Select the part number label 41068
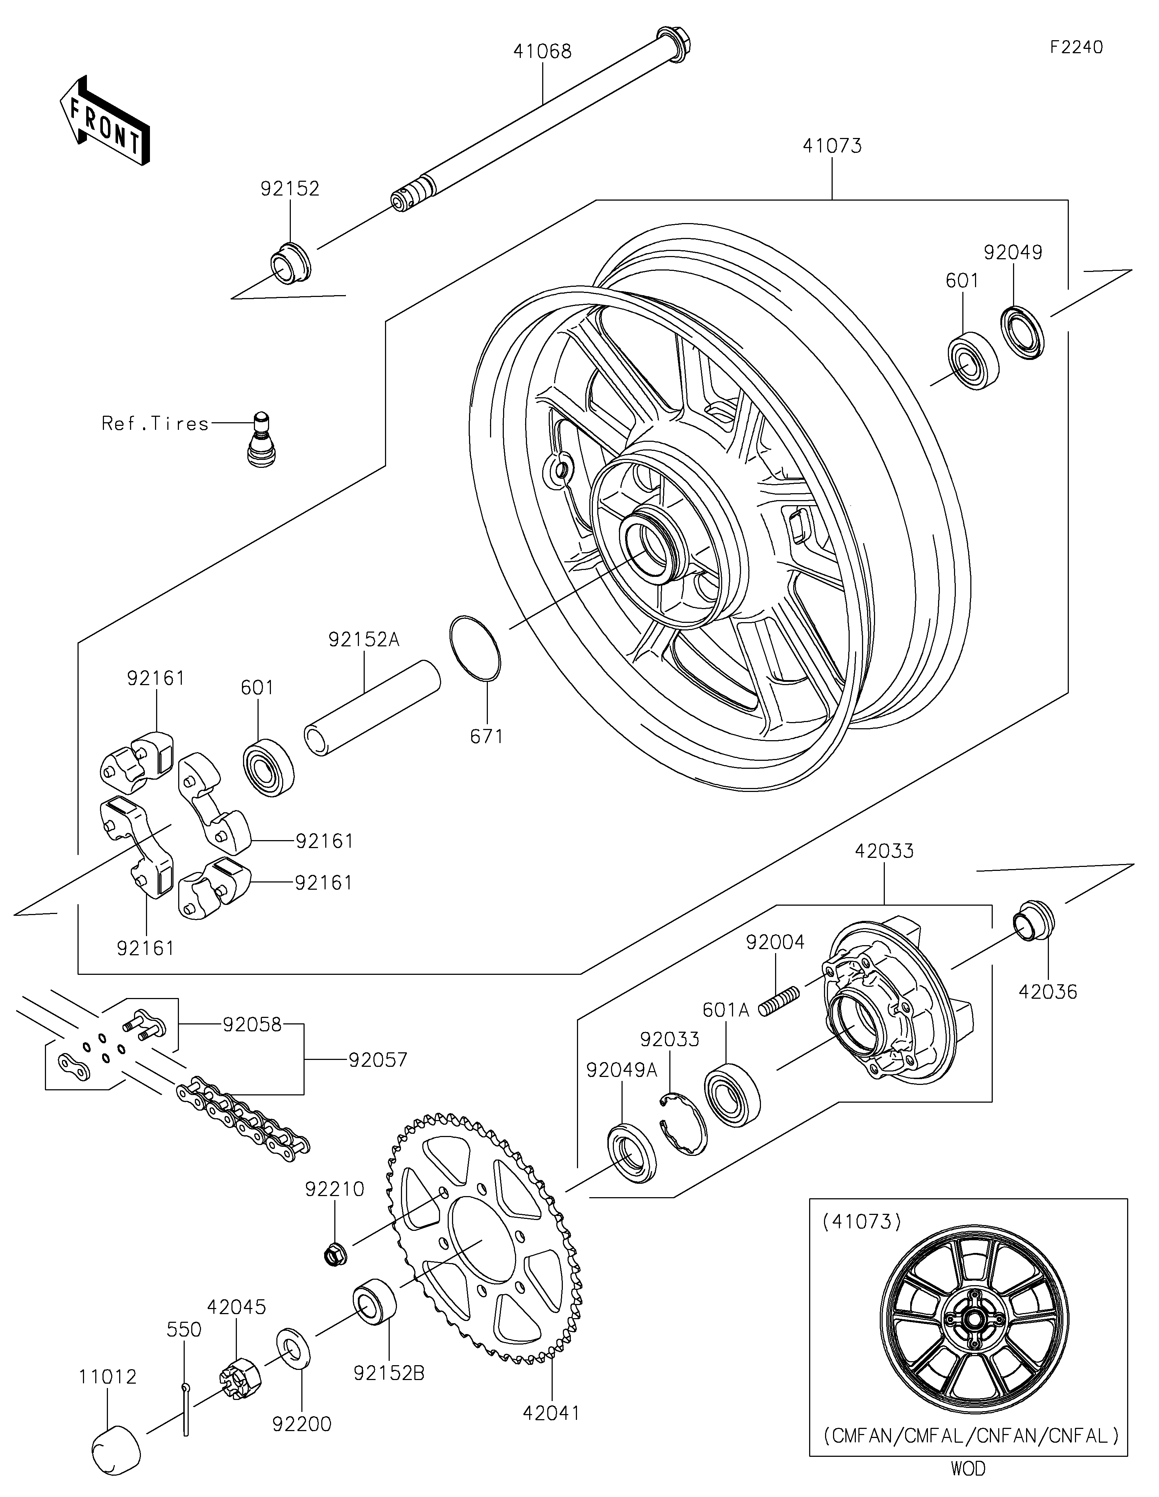[542, 51]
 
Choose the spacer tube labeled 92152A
[372, 707]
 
